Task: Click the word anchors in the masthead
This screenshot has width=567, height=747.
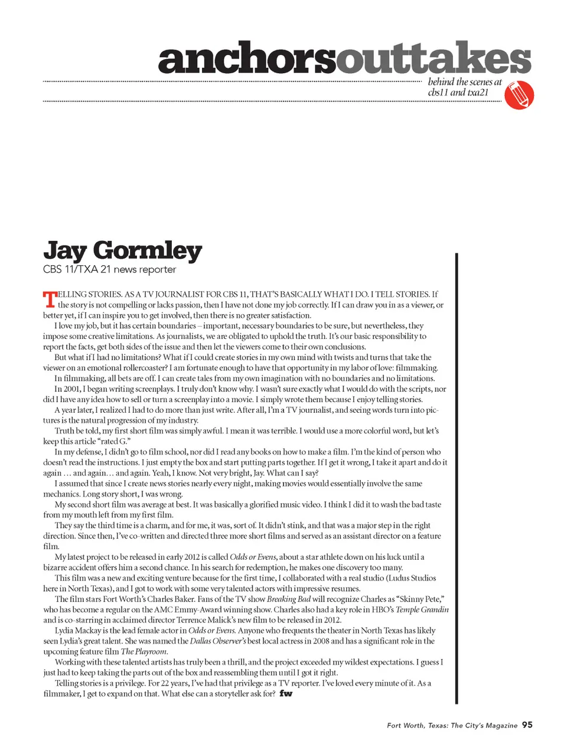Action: (247, 59)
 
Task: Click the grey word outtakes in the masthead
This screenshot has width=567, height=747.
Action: (434, 59)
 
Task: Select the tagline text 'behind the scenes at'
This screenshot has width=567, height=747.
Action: (464, 82)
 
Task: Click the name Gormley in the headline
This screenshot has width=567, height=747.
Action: (148, 251)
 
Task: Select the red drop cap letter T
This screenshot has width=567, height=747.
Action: (50, 299)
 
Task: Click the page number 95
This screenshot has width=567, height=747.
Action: (527, 725)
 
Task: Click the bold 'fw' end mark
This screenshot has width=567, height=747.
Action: (286, 693)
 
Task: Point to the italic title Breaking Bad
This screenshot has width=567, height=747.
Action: (288, 599)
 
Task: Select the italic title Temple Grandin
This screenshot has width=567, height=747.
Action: (422, 609)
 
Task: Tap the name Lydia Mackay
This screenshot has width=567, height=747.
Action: (79, 631)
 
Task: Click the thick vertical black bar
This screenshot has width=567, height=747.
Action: (456, 478)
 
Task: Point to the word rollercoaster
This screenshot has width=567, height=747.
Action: (141, 368)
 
